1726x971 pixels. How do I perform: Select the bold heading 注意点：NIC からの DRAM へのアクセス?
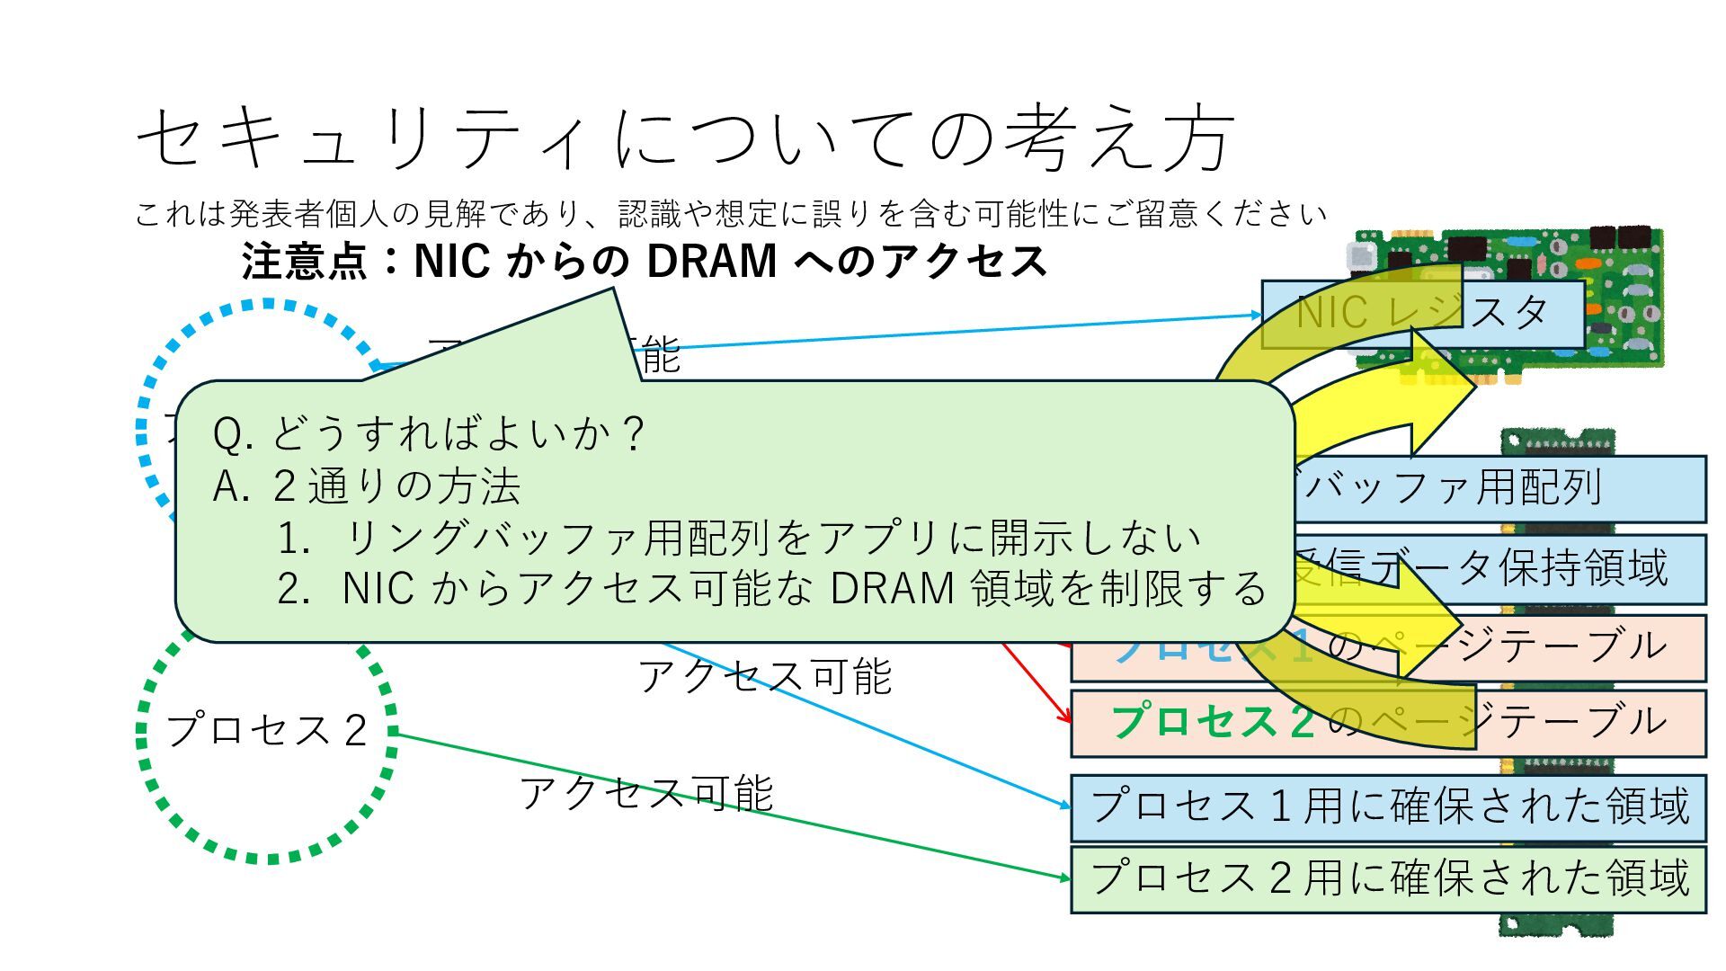pos(644,262)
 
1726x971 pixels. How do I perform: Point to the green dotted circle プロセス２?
pos(267,729)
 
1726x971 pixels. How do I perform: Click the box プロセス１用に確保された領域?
pos(1388,806)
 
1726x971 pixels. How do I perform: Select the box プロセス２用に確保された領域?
pos(1388,878)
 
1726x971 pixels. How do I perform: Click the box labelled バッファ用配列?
pos(1492,488)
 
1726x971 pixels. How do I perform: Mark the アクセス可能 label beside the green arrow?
pos(645,793)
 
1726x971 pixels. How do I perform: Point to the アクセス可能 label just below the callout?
pos(764,676)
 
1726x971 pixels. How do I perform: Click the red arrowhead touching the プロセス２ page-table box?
pos(1067,717)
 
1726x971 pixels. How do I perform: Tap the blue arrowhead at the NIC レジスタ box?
pos(1256,315)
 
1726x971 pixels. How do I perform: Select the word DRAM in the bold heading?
pos(711,262)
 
